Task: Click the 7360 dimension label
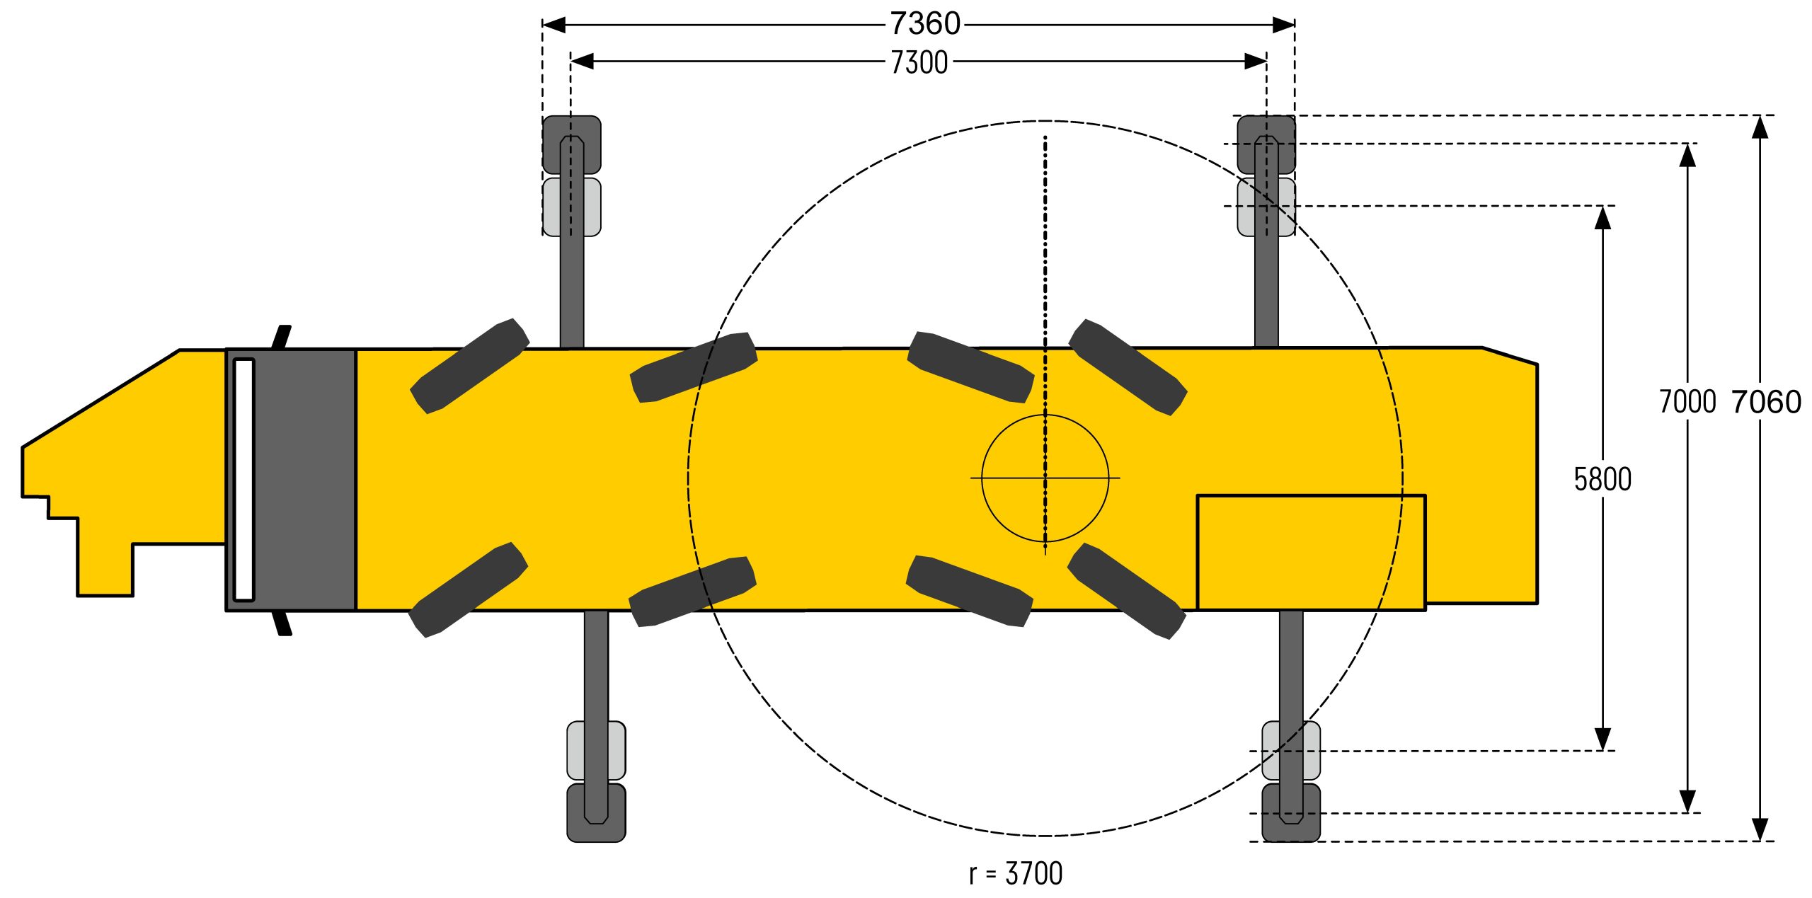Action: [925, 24]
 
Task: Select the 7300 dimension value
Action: [919, 62]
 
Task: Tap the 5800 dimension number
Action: [1602, 479]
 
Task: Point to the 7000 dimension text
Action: [1687, 402]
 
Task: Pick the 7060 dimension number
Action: [1767, 402]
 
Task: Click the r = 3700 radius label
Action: [1016, 874]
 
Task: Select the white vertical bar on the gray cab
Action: [243, 480]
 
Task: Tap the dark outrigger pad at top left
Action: [572, 144]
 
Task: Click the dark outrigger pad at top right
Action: [1266, 144]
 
